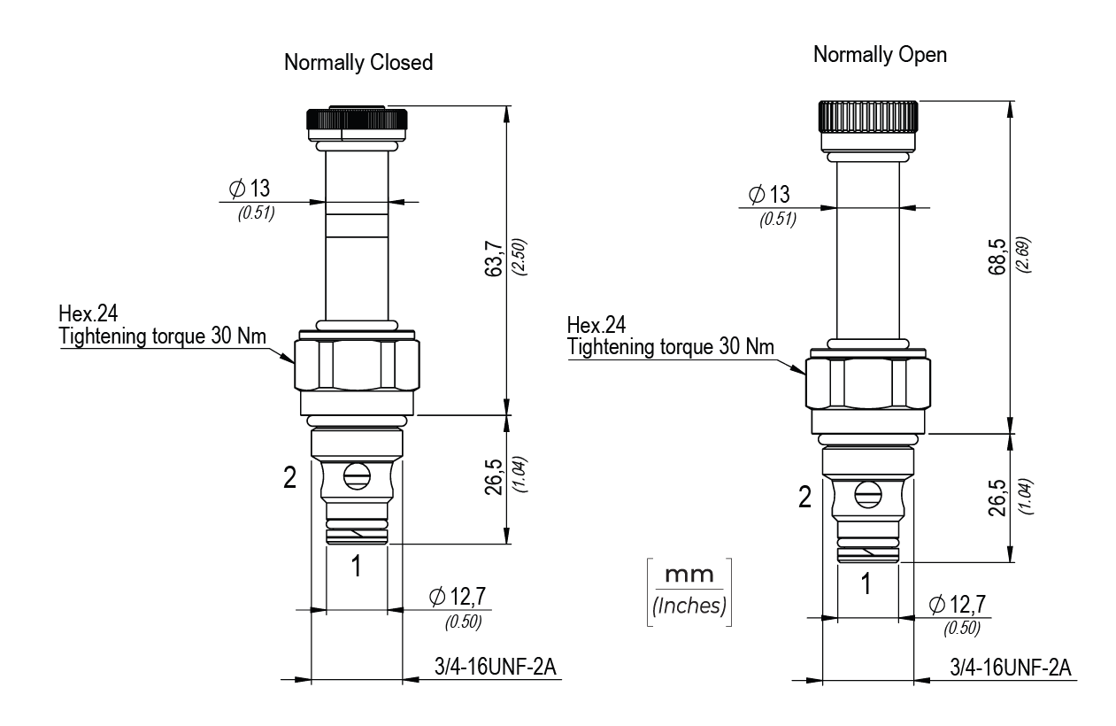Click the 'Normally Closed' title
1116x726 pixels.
(358, 63)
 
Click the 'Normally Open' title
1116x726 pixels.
(880, 55)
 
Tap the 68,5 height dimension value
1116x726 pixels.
(998, 256)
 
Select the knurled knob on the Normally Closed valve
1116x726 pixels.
(357, 119)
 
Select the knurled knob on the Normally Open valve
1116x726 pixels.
(867, 116)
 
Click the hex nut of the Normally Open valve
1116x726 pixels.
(867, 382)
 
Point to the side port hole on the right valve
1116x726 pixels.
(868, 495)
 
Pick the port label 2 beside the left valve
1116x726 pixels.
(289, 479)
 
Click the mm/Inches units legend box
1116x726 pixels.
(689, 592)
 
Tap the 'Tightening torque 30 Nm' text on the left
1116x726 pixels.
(163, 336)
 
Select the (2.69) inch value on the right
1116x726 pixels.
(1028, 256)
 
